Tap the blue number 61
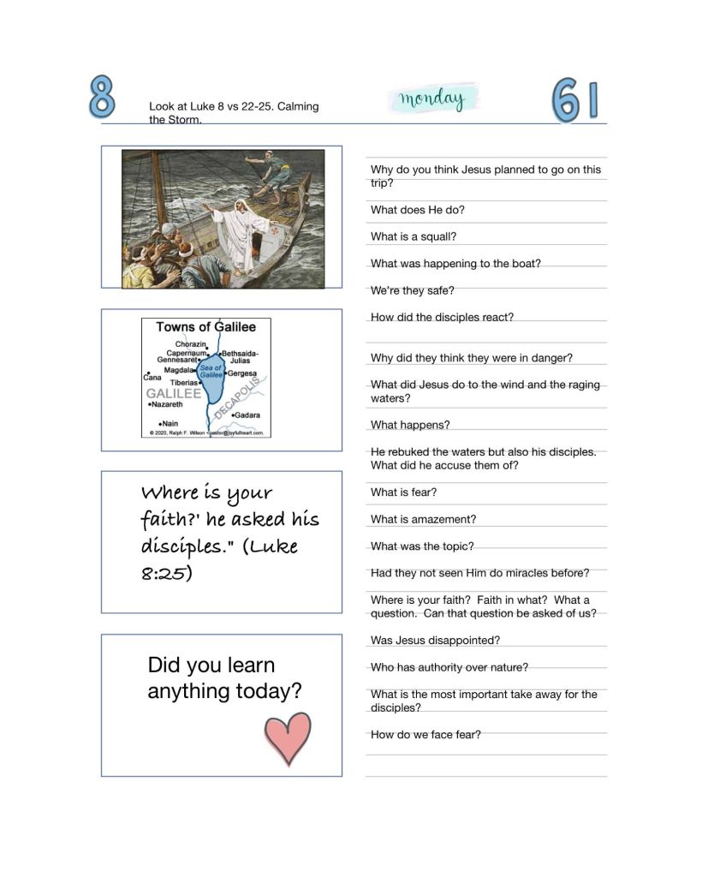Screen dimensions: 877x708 pos(574,101)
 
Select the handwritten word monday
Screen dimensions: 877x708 pos(431,99)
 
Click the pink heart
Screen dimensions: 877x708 pos(288,737)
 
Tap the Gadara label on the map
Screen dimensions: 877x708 pos(247,415)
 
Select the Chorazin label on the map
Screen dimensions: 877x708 pos(191,344)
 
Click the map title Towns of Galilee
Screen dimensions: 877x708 pos(205,326)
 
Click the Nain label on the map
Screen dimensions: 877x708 pos(169,423)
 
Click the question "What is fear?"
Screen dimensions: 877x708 pos(404,492)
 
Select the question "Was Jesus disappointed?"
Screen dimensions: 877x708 pos(435,640)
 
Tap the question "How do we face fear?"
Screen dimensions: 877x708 pos(425,734)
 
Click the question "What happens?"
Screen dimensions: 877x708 pos(409,425)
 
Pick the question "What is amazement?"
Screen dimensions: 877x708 pos(423,519)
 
